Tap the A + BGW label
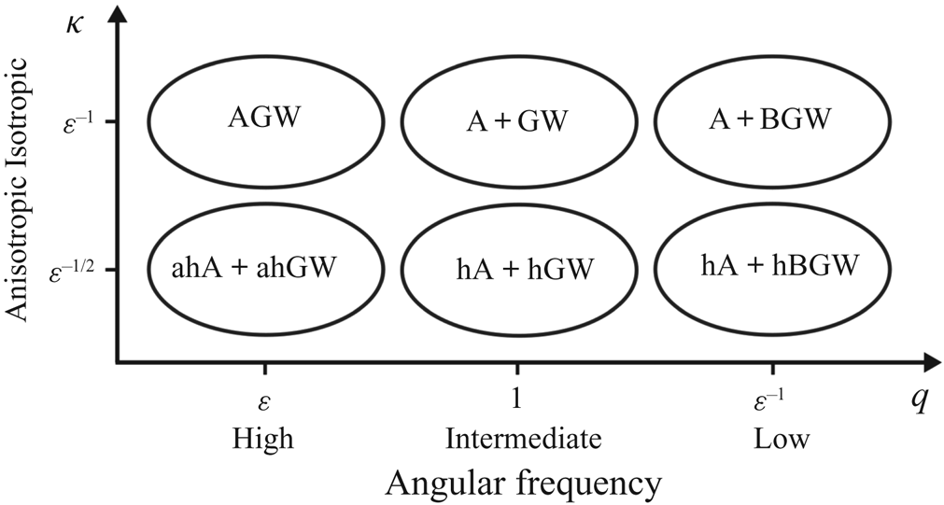pyautogui.click(x=771, y=120)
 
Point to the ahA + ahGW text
pyautogui.click(x=255, y=266)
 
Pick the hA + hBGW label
pyautogui.click(x=779, y=266)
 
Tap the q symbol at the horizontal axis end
pyautogui.click(x=919, y=399)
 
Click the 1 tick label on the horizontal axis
pyautogui.click(x=517, y=399)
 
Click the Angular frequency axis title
pyautogui.click(x=524, y=483)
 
